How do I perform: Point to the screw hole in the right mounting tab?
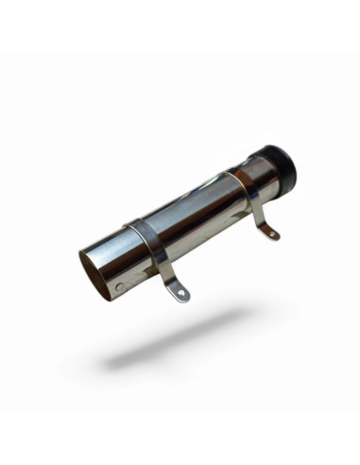[273, 232]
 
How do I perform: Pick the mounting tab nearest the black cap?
[269, 227]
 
